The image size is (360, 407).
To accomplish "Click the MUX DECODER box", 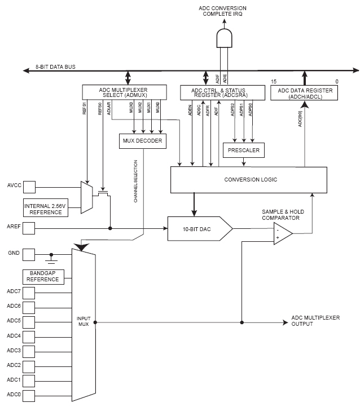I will pos(143,141).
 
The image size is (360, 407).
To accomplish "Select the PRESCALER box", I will pos(244,151).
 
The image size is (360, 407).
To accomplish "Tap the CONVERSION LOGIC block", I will pos(248,180).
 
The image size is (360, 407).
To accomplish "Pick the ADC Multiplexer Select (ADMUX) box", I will pos(125,92).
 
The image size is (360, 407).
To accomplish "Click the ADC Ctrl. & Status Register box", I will pos(222,92).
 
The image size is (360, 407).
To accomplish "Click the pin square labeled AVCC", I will pos(28,186).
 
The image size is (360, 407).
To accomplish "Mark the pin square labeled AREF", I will pos(28,228).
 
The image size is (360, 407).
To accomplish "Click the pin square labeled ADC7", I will pos(28,292).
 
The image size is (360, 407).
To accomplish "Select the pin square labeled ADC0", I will pos(28,395).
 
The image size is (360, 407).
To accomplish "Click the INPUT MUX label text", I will pos(84,321).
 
